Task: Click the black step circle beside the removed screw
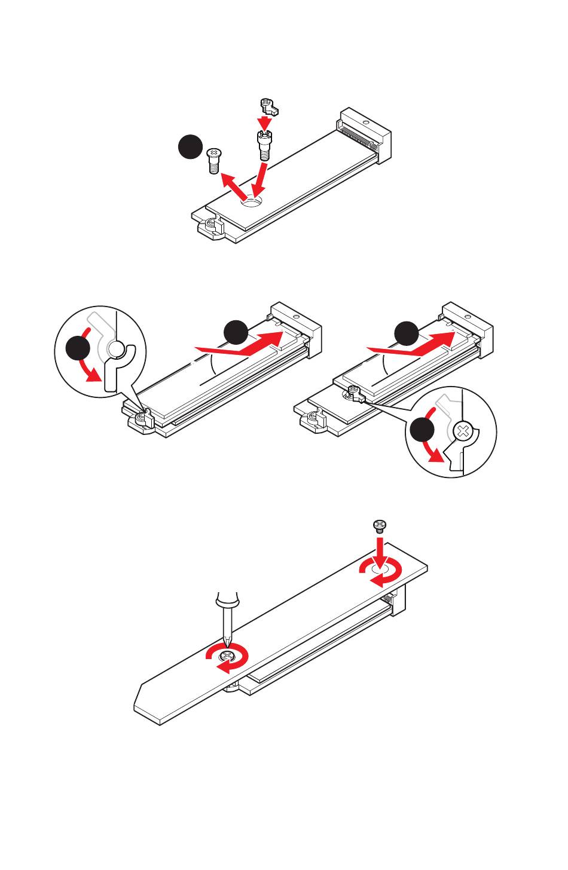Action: click(x=191, y=147)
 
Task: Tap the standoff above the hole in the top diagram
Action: click(x=264, y=143)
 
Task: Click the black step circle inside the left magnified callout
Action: click(x=78, y=348)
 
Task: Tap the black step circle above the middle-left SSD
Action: click(x=236, y=332)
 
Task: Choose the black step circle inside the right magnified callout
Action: click(x=422, y=431)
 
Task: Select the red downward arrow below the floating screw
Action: click(x=379, y=553)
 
